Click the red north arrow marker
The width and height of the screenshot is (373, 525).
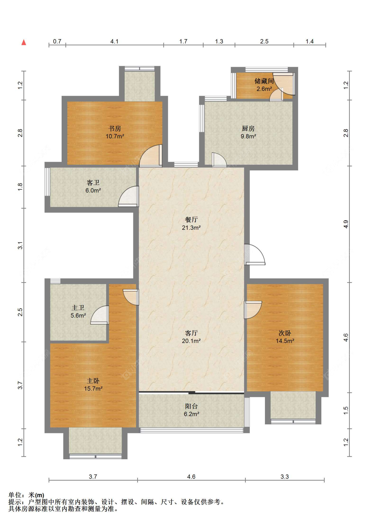pos(24,43)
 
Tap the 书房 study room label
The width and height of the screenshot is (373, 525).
pos(115,129)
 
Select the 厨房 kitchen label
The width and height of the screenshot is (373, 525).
pos(248,129)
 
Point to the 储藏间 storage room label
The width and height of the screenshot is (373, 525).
pos(264,81)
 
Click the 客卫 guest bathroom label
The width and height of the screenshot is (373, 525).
pos(93,183)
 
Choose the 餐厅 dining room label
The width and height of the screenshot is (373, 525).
pos(191,219)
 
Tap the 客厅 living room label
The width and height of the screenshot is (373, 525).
pos(191,333)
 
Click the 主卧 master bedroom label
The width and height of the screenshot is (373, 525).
pos(93,381)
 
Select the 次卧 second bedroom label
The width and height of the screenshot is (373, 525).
pos(285,333)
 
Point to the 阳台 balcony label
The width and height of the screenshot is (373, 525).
pos(191,406)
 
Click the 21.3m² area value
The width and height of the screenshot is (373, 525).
pos(191,227)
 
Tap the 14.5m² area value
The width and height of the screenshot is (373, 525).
pos(285,341)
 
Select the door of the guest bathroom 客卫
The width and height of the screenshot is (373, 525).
pos(128,196)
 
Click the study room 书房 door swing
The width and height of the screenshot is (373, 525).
pos(151,156)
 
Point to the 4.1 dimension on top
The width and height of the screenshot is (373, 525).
pos(114,42)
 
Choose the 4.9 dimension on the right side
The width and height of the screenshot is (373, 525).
pos(346,224)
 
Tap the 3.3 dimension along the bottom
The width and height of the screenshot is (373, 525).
pos(285,477)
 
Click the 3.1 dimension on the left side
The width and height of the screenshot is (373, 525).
pos(20,245)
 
